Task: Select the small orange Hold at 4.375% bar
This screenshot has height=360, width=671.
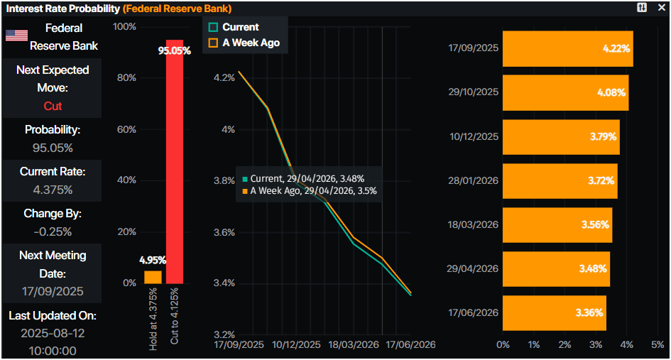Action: [153, 277]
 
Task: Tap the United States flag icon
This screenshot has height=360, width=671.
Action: [16, 36]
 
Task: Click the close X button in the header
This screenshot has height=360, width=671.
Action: [660, 7]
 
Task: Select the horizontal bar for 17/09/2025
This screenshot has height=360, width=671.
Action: [567, 48]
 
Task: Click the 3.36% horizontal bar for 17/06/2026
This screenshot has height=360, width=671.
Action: [554, 312]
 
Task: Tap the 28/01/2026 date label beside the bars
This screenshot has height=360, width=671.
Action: [474, 180]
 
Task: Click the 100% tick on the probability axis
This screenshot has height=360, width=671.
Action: [124, 27]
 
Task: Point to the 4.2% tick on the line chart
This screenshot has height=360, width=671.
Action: [224, 77]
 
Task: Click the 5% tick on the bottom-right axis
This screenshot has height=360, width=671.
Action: [658, 344]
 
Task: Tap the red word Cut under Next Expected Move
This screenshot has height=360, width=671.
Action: [53, 106]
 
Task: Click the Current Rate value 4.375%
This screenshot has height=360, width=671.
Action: [53, 190]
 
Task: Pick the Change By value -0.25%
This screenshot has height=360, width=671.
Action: [53, 231]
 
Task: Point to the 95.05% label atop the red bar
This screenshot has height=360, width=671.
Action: [174, 50]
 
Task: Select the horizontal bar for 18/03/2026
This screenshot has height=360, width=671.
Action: [557, 224]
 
